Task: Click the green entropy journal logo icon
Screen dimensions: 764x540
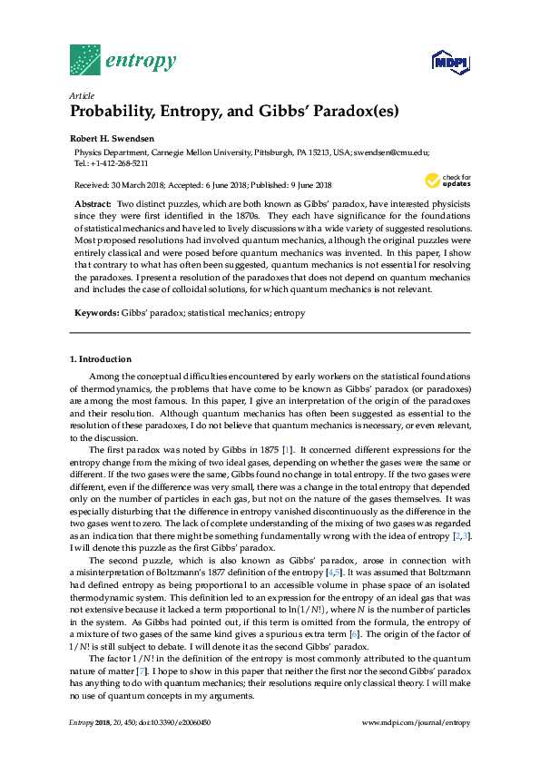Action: (x=85, y=60)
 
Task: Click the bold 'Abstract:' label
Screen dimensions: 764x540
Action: (x=93, y=206)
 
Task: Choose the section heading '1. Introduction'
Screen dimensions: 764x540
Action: (x=101, y=359)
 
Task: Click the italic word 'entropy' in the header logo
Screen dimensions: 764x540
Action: (x=141, y=62)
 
